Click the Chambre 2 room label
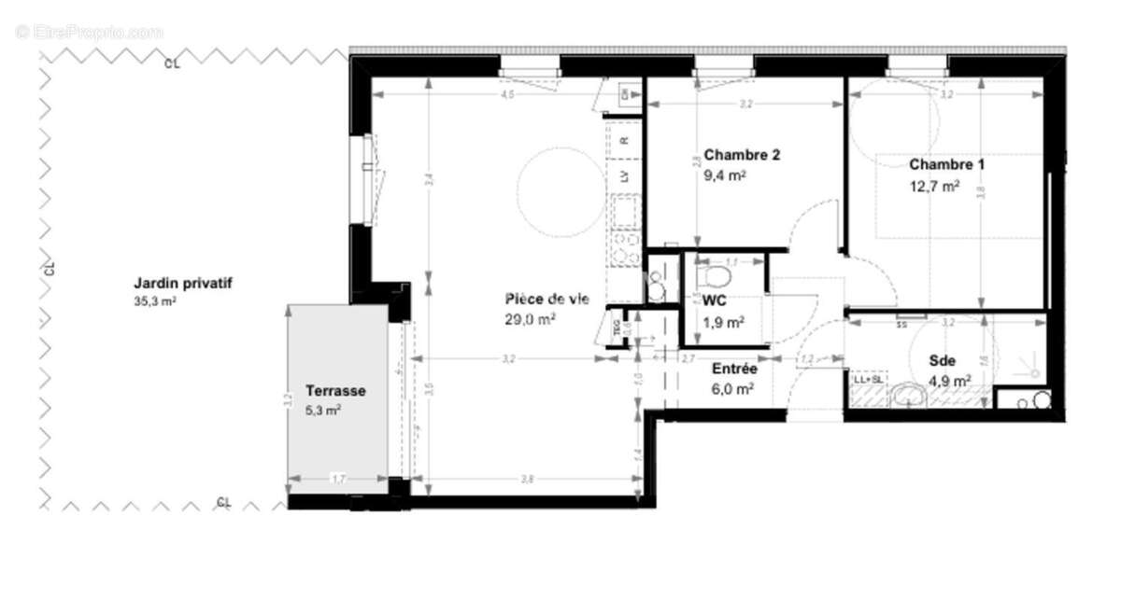point(742,155)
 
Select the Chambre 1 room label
point(946,165)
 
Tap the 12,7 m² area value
point(934,186)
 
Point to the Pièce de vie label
point(546,300)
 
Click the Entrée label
point(733,369)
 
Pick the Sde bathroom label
point(942,361)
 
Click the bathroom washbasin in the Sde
point(907,396)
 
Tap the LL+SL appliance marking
point(866,380)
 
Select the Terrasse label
point(335,391)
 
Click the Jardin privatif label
point(182,283)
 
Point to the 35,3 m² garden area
point(155,301)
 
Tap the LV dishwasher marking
point(624,174)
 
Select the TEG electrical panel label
point(617,328)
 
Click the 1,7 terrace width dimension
point(338,479)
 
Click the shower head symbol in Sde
point(1034,367)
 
